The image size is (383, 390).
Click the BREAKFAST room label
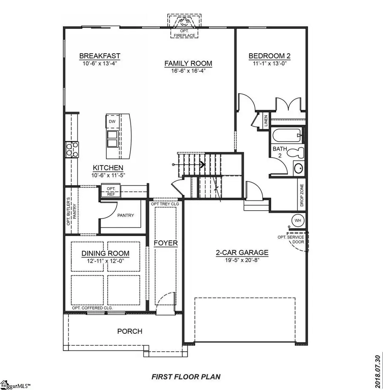click(x=100, y=56)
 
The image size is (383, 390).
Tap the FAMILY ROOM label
click(x=188, y=63)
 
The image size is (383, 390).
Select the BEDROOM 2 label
click(x=269, y=56)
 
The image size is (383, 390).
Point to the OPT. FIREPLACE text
click(x=184, y=34)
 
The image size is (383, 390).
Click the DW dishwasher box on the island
click(x=112, y=122)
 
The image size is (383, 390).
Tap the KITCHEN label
click(x=108, y=168)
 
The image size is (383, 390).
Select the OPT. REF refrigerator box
click(x=111, y=191)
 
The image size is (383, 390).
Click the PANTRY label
click(x=125, y=215)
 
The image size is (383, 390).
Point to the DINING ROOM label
click(x=106, y=254)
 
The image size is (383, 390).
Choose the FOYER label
click(x=166, y=243)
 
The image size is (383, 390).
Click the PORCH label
click(x=130, y=331)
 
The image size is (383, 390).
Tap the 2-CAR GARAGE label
click(x=242, y=252)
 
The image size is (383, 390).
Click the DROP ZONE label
click(x=302, y=195)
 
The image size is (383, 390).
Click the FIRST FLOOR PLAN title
click(x=186, y=377)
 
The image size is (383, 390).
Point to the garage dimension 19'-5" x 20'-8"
click(x=242, y=260)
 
